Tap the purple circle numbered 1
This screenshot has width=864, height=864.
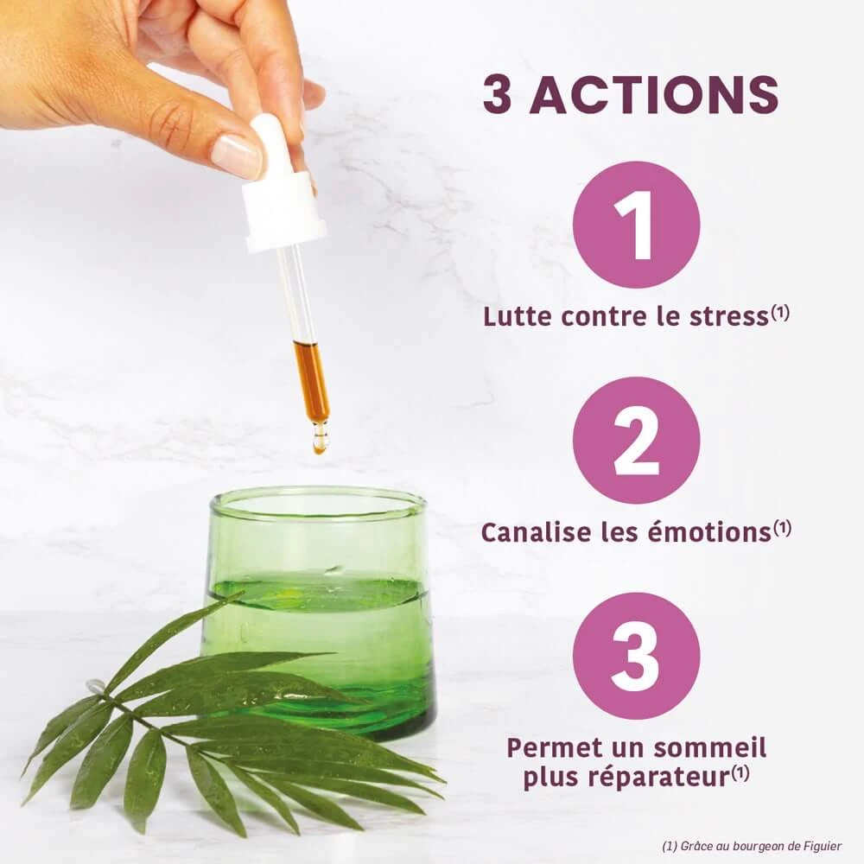pyautogui.click(x=637, y=225)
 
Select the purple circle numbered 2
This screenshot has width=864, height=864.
pyautogui.click(x=637, y=441)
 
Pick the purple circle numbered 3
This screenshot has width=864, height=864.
pyautogui.click(x=637, y=657)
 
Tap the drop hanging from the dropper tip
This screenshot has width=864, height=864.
pyautogui.click(x=319, y=442)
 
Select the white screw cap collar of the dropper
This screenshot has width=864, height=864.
pyautogui.click(x=283, y=213)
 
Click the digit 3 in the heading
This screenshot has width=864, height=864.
pyautogui.click(x=498, y=94)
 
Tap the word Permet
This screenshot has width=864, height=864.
pyautogui.click(x=555, y=747)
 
